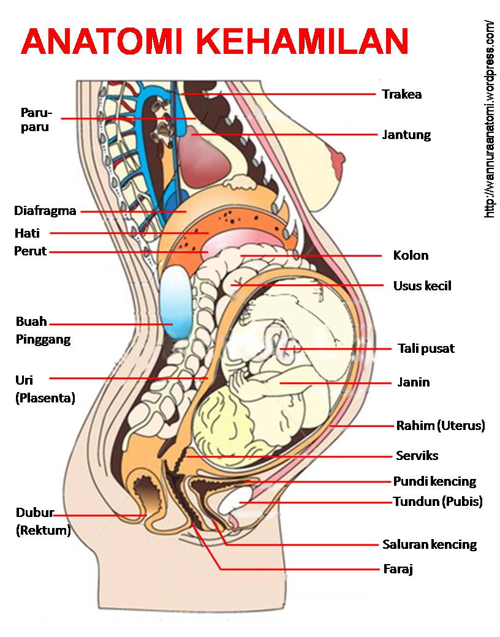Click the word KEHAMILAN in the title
pyautogui.click(x=303, y=41)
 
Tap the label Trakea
pyautogui.click(x=401, y=94)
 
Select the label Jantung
pyautogui.click(x=406, y=135)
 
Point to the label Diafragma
pyautogui.click(x=45, y=211)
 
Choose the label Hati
pyautogui.click(x=27, y=233)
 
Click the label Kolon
pyautogui.click(x=411, y=255)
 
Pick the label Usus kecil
pyautogui.click(x=422, y=285)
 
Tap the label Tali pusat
pyautogui.click(x=426, y=349)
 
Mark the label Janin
pyautogui.click(x=414, y=382)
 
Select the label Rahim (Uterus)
pyautogui.click(x=441, y=425)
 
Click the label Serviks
pyautogui.click(x=417, y=456)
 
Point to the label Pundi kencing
pyautogui.click(x=434, y=481)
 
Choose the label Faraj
pyautogui.click(x=398, y=569)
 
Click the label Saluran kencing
pyautogui.click(x=430, y=544)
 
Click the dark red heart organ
pyautogui.click(x=208, y=156)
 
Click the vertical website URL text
pyautogui.click(x=489, y=119)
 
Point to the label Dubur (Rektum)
pyautogui.click(x=43, y=521)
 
